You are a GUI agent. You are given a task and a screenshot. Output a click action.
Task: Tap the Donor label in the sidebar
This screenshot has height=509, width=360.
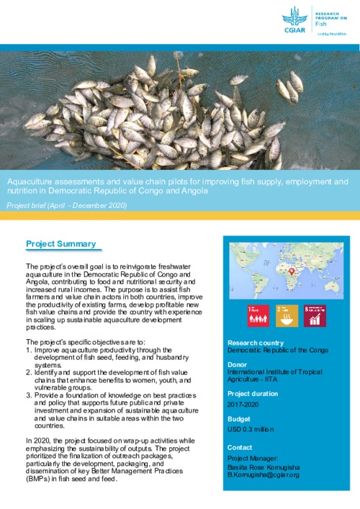[238, 365]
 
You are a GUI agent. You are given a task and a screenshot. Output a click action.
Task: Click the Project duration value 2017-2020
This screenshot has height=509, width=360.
[245, 405]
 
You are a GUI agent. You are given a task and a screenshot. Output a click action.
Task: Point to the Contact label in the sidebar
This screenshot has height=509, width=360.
[240, 447]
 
